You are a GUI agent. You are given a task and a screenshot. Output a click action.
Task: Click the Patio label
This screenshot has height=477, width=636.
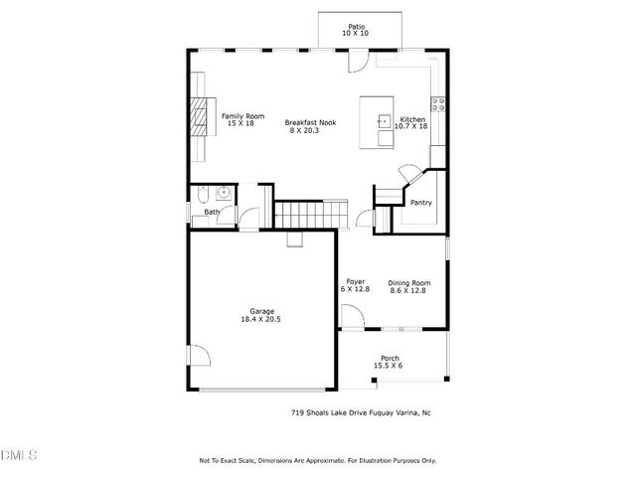(355, 27)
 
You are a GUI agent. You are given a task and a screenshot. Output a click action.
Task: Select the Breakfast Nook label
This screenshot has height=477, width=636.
(311, 122)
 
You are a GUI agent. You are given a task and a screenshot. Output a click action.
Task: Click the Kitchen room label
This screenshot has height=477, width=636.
(410, 118)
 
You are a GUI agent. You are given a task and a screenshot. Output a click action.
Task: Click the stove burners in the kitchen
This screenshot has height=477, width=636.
(436, 106)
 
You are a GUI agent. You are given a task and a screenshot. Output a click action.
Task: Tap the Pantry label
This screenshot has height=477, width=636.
(421, 203)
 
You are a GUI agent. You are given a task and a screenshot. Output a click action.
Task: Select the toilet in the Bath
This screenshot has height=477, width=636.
(202, 193)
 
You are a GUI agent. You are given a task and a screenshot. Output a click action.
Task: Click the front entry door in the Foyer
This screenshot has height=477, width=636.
(352, 317)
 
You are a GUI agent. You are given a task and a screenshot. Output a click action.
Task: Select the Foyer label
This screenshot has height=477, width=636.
(355, 281)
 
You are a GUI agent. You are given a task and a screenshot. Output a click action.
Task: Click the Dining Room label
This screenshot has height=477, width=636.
(408, 281)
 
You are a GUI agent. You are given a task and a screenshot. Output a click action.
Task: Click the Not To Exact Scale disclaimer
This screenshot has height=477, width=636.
(318, 460)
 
